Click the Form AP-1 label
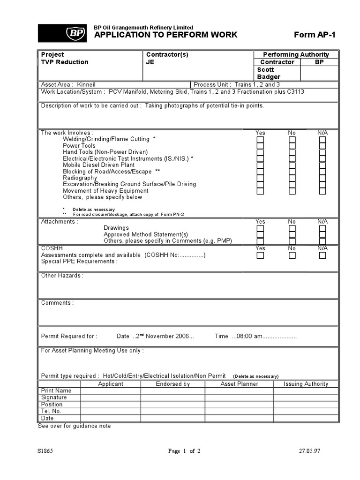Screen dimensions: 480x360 315,35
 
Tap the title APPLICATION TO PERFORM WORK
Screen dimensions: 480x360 166,35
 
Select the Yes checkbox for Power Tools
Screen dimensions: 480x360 260,146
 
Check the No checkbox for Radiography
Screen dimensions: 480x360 292,178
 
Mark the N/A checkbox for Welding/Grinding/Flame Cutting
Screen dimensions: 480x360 322,140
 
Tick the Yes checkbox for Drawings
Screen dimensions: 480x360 260,228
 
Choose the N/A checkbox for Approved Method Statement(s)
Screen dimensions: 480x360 322,235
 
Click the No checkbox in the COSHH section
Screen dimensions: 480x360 292,255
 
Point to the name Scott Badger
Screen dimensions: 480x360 269,73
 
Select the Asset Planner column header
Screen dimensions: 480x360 239,384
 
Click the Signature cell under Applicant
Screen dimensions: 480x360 111,397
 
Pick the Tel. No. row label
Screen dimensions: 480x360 51,411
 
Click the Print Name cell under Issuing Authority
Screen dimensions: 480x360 306,390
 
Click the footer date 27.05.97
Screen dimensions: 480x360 309,451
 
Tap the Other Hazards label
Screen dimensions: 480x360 62,276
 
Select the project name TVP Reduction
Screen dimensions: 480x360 65,62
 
